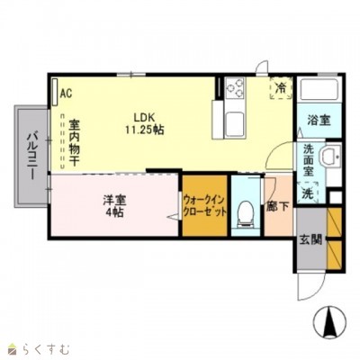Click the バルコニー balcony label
(x=30, y=154)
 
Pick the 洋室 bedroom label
(x=112, y=200)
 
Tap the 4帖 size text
(x=112, y=212)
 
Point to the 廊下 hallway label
(x=276, y=204)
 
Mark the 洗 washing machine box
(x=307, y=193)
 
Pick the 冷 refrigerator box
(x=281, y=88)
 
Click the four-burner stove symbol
(x=237, y=87)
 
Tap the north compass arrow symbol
(x=328, y=319)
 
